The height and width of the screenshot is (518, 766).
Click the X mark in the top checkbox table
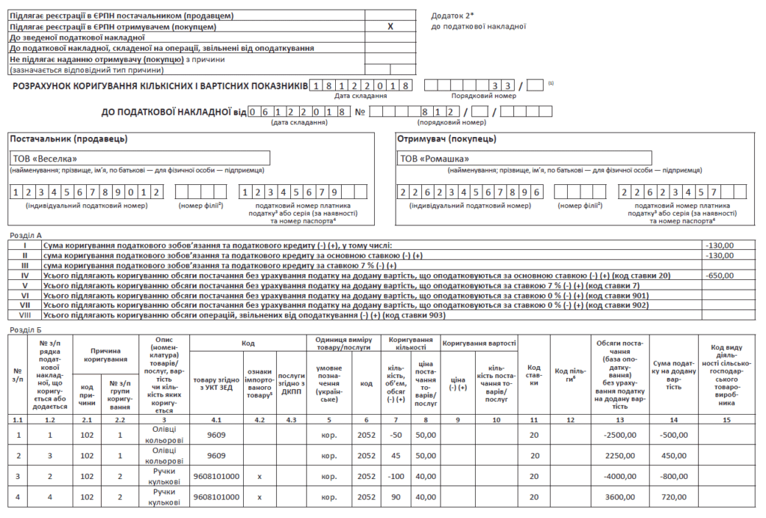pos(390,26)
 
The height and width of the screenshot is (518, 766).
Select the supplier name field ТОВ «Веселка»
pos(45,159)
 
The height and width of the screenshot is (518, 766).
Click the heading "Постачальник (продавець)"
pos(69,139)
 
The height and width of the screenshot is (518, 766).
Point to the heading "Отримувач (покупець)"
pos(447,139)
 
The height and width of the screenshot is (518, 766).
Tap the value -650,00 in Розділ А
pos(720,276)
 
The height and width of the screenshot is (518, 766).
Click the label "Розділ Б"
pos(25,329)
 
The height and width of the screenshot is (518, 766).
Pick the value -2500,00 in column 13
pos(620,435)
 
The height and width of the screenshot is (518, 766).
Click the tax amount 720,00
pos(675,497)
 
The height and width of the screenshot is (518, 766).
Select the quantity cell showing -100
pos(396,476)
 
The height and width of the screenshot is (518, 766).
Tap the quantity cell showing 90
pos(396,497)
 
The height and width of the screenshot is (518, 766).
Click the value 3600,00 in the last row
pos(620,497)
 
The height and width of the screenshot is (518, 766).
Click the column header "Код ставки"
pos(534,372)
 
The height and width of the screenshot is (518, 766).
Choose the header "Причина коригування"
pos(110,355)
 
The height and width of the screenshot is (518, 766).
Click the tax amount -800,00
pos(675,476)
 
